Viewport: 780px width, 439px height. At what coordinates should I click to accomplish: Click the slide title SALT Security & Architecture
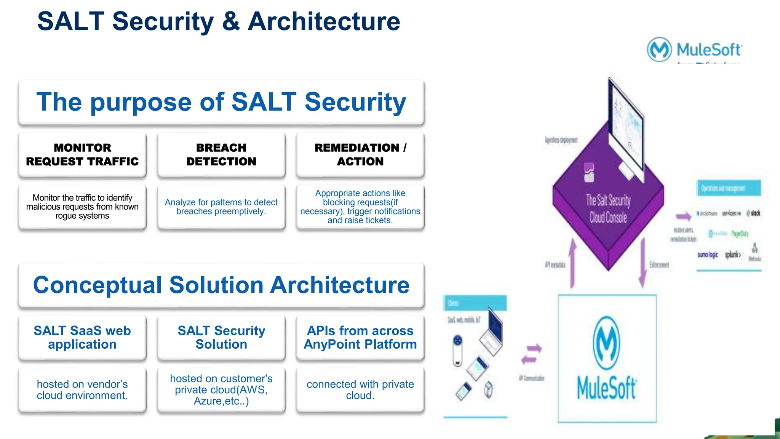[219, 21]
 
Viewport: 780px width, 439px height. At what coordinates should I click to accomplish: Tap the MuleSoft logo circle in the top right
[659, 50]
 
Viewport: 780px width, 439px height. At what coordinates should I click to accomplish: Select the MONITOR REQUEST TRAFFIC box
[82, 154]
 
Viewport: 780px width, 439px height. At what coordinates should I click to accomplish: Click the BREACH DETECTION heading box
[221, 154]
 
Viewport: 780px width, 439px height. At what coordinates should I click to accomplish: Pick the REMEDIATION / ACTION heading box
[360, 154]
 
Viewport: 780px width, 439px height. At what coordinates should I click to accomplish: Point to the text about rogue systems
[82, 207]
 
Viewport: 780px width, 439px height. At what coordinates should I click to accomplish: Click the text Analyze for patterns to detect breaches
[221, 207]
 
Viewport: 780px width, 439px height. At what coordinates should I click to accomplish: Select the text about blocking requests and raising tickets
[360, 207]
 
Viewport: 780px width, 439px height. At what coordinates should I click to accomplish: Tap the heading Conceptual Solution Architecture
[221, 285]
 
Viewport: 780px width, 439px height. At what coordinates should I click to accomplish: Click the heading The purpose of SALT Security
[221, 102]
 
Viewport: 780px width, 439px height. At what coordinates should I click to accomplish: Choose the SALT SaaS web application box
[82, 337]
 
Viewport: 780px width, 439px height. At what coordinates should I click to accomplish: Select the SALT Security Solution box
[221, 337]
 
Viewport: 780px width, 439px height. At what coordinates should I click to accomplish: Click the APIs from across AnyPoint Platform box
[360, 337]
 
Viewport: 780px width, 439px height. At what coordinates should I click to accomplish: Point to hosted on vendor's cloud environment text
[82, 390]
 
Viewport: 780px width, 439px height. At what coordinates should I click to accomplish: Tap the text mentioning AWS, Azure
[221, 390]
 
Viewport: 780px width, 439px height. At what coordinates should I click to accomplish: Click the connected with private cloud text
[360, 390]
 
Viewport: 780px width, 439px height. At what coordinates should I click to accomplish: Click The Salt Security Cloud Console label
[608, 209]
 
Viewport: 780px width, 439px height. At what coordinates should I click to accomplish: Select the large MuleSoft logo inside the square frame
[607, 358]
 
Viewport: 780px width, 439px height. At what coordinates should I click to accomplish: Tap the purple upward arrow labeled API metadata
[572, 263]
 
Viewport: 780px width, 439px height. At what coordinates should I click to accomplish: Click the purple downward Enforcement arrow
[643, 263]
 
